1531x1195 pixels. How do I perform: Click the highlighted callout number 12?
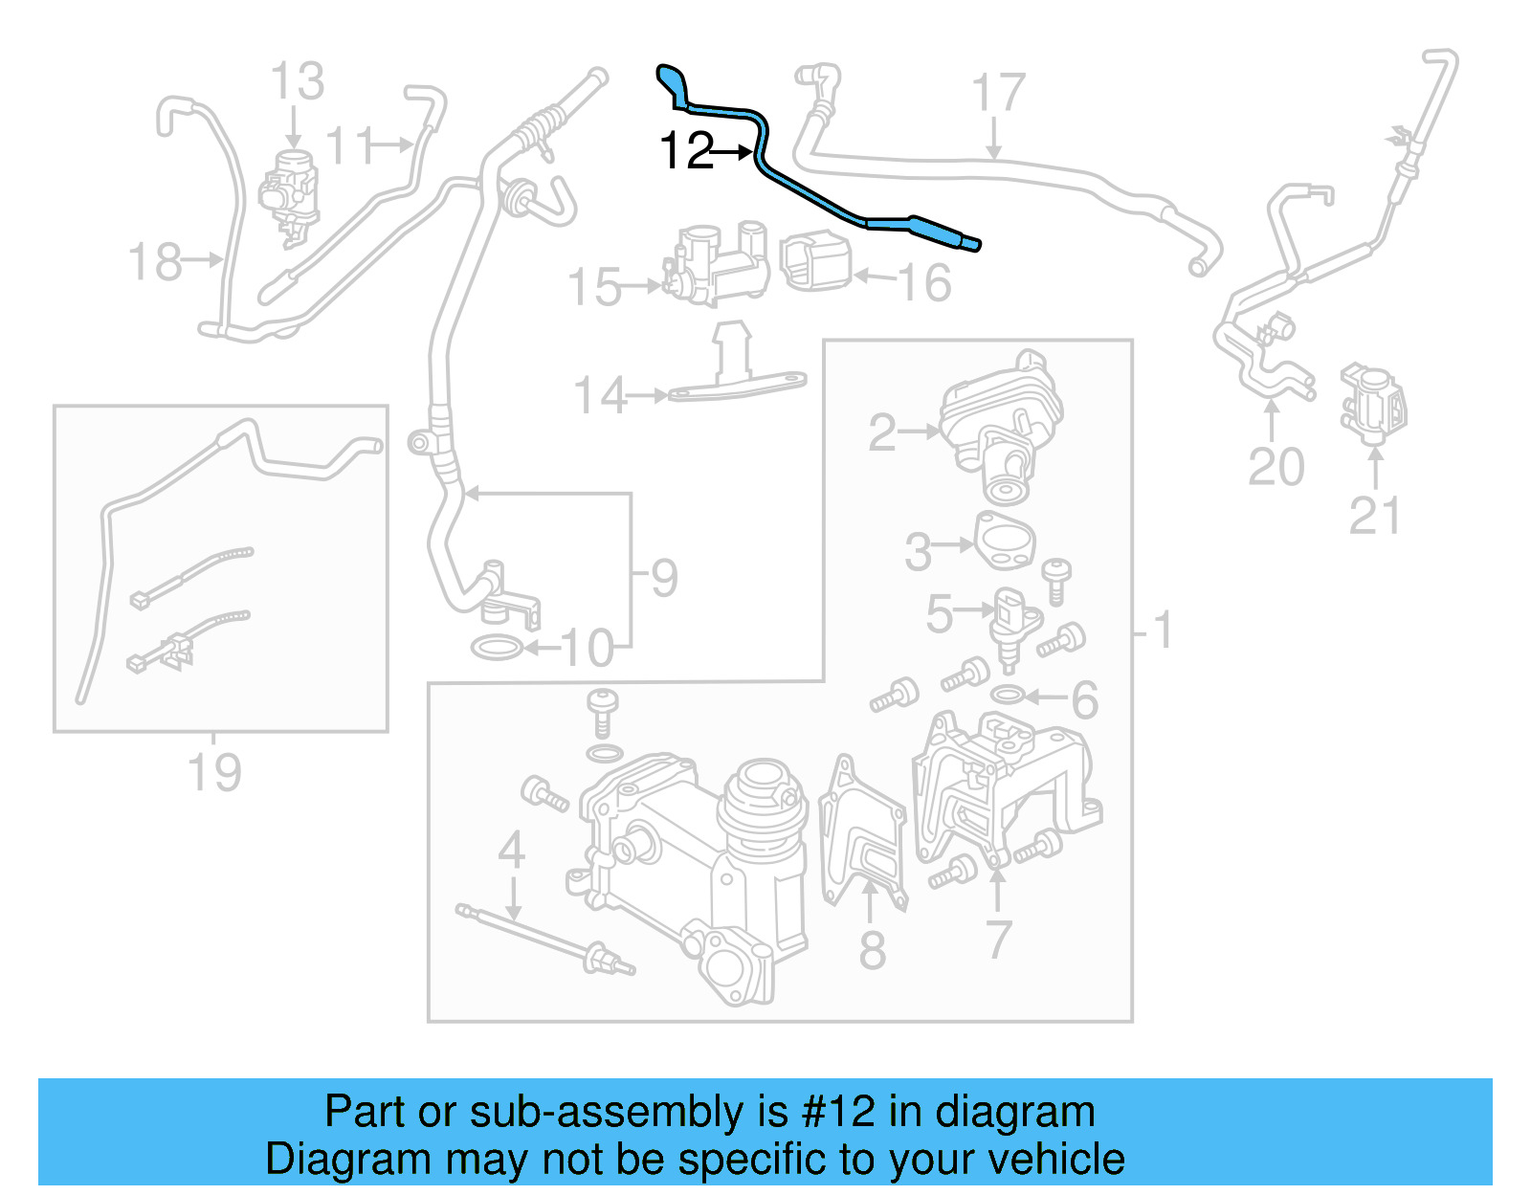pyautogui.click(x=686, y=151)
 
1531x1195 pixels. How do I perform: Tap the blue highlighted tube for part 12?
pyautogui.click(x=813, y=197)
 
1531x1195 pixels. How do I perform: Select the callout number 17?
pyautogui.click(x=997, y=94)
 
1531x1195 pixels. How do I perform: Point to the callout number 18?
pyautogui.click(x=154, y=261)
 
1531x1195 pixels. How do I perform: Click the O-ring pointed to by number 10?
pyautogui.click(x=497, y=649)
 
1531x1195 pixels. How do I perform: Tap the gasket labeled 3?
pyautogui.click(x=1005, y=541)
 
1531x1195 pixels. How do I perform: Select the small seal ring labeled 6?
pyautogui.click(x=1008, y=694)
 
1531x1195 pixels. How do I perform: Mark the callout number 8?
pyautogui.click(x=872, y=949)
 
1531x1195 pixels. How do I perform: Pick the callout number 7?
pyautogui.click(x=998, y=940)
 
